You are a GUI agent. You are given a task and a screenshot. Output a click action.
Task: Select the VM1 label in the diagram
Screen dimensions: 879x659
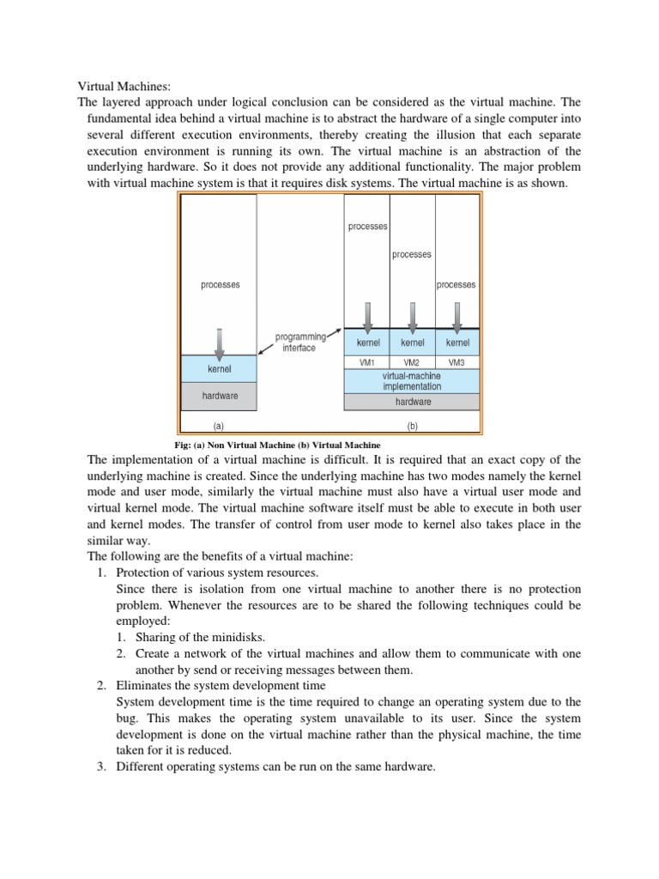[366, 362]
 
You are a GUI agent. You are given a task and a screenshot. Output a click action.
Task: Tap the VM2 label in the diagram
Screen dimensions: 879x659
[412, 362]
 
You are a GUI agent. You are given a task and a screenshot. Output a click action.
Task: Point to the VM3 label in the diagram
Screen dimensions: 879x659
[457, 362]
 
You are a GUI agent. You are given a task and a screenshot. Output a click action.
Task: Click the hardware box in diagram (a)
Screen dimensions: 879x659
[220, 396]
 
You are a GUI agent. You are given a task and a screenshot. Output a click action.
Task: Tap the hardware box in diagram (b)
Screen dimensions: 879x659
[412, 401]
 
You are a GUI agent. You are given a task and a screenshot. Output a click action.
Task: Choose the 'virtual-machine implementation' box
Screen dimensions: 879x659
[412, 381]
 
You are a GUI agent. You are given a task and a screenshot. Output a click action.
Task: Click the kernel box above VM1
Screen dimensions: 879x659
[367, 343]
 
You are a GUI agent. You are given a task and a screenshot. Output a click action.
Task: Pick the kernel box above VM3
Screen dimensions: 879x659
[457, 343]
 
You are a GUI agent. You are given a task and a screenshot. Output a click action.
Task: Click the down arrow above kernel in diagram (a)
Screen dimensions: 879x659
[220, 343]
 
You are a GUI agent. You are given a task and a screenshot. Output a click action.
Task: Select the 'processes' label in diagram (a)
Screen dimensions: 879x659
[220, 284]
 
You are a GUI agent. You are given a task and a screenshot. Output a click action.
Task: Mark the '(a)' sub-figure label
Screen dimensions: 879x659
[218, 425]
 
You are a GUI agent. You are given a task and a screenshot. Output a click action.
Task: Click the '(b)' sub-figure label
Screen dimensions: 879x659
[413, 425]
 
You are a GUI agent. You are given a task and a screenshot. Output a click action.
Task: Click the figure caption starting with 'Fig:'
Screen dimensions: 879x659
[277, 445]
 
